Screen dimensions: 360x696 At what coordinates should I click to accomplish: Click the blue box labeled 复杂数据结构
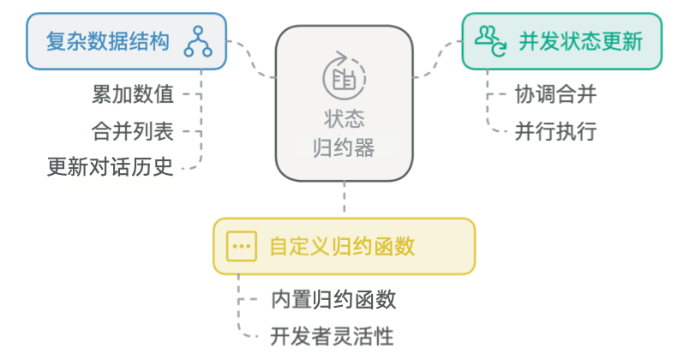tap(125, 41)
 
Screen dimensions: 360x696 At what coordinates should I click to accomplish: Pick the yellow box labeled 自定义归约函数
tap(344, 246)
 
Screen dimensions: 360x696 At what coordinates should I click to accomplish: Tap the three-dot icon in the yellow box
tap(242, 246)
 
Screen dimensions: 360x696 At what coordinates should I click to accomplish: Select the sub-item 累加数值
tap(133, 93)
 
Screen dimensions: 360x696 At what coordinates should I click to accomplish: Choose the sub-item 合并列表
tap(133, 130)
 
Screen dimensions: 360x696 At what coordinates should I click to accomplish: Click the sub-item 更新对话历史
tap(111, 166)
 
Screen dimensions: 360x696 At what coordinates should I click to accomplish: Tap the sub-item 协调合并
tap(555, 93)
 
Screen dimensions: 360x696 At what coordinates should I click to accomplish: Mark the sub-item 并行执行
tap(555, 131)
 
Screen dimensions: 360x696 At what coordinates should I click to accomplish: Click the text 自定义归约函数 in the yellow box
tap(342, 247)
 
